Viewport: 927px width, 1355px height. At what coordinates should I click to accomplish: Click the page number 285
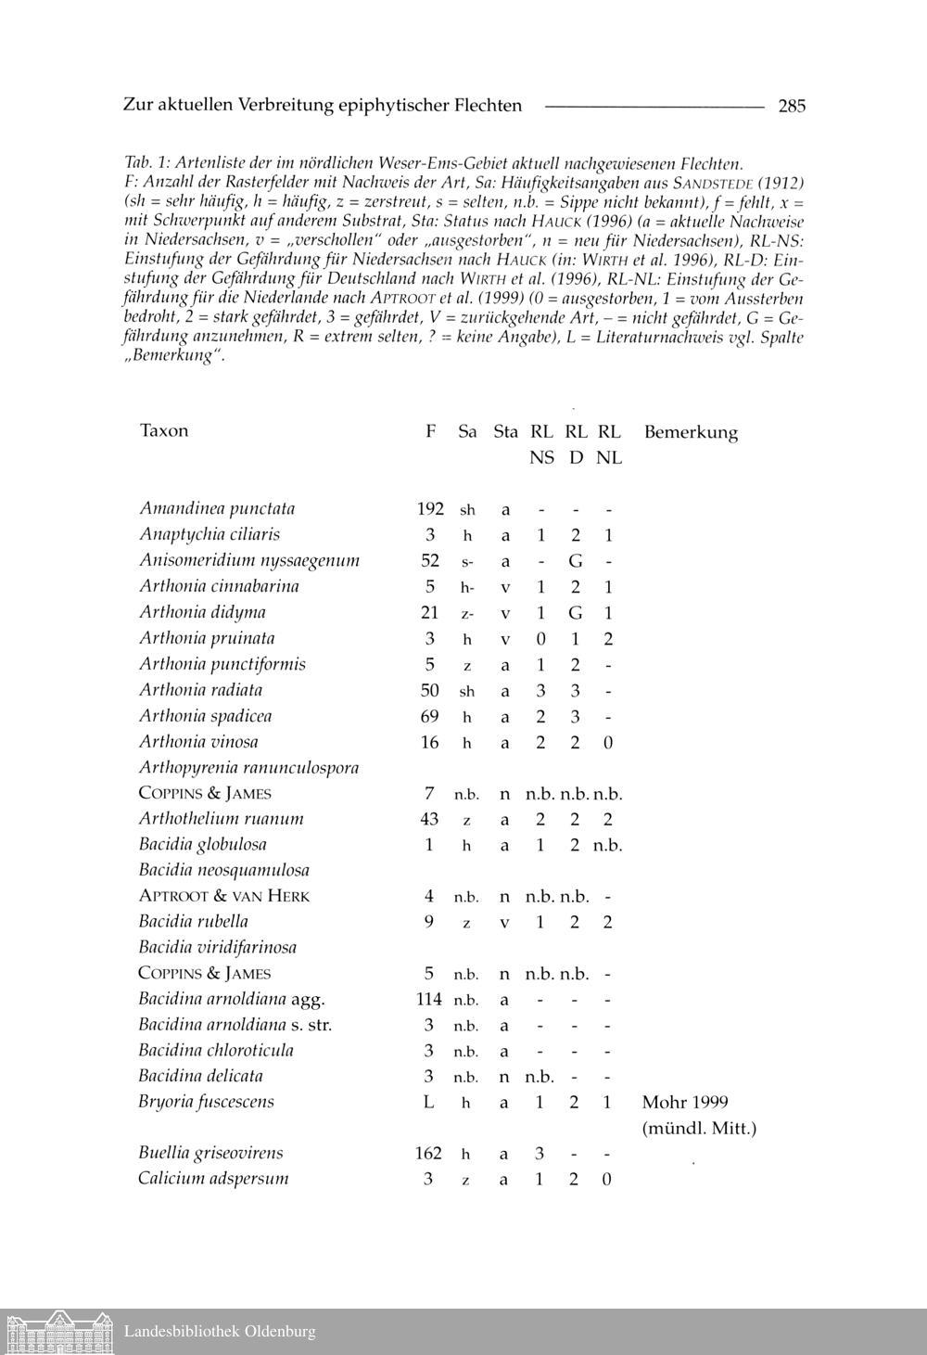792,106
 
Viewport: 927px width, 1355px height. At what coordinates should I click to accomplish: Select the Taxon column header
164,430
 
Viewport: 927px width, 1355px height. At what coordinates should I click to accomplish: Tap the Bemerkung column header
691,432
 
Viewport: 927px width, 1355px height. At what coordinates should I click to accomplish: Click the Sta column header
505,431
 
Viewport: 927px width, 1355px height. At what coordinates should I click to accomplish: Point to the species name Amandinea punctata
217,508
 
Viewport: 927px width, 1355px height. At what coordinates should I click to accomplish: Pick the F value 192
430,508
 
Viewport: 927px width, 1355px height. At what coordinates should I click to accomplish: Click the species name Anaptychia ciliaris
210,534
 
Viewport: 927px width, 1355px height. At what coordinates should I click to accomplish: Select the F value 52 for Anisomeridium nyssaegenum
430,560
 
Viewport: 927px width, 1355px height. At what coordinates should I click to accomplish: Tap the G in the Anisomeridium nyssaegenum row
576,561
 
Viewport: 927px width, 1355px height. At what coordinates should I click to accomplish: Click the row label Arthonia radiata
200,690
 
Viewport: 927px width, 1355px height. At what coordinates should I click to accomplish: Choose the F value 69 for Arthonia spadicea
430,716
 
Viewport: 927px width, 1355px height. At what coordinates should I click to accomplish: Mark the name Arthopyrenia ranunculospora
248,768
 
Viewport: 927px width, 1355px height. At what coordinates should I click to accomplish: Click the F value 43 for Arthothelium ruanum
429,819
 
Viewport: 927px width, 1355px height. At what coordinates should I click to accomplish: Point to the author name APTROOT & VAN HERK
224,896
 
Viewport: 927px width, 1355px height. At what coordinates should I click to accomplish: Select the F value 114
429,999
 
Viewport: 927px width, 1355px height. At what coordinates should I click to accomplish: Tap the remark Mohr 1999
685,1102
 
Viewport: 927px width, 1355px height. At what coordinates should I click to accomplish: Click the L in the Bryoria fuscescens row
428,1102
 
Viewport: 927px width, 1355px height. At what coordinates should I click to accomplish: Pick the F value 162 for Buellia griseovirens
429,1154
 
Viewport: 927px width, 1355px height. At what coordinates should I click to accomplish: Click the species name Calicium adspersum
213,1179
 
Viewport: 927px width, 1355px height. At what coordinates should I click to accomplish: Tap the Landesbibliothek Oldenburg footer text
220,1332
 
